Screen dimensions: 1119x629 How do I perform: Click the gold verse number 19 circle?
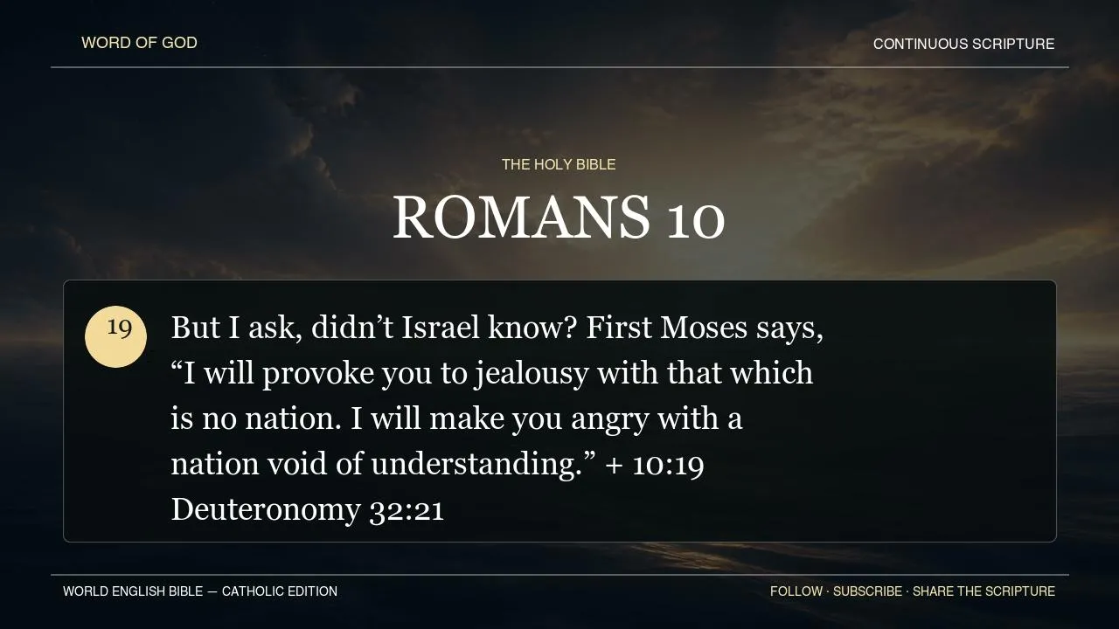[116, 337]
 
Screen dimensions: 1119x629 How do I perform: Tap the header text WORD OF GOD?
[139, 43]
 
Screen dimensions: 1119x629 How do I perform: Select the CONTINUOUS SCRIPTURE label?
[963, 44]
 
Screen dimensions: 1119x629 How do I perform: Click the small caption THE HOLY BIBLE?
[559, 164]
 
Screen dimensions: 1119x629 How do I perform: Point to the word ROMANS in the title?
[521, 218]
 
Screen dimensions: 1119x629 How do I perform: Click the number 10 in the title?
[696, 220]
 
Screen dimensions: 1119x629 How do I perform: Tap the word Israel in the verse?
[441, 328]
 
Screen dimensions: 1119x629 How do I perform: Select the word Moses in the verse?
[704, 328]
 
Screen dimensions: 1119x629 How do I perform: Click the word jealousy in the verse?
[531, 375]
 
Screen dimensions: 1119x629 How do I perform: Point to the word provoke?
[317, 375]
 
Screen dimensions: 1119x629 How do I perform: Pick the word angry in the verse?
[609, 420]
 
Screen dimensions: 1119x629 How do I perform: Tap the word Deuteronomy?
[266, 510]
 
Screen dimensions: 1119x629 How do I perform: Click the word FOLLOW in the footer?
[796, 591]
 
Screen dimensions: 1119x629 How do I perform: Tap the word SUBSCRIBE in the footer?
[868, 591]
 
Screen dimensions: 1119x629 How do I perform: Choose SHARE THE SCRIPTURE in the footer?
[983, 591]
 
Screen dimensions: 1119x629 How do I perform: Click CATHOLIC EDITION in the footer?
[279, 591]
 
